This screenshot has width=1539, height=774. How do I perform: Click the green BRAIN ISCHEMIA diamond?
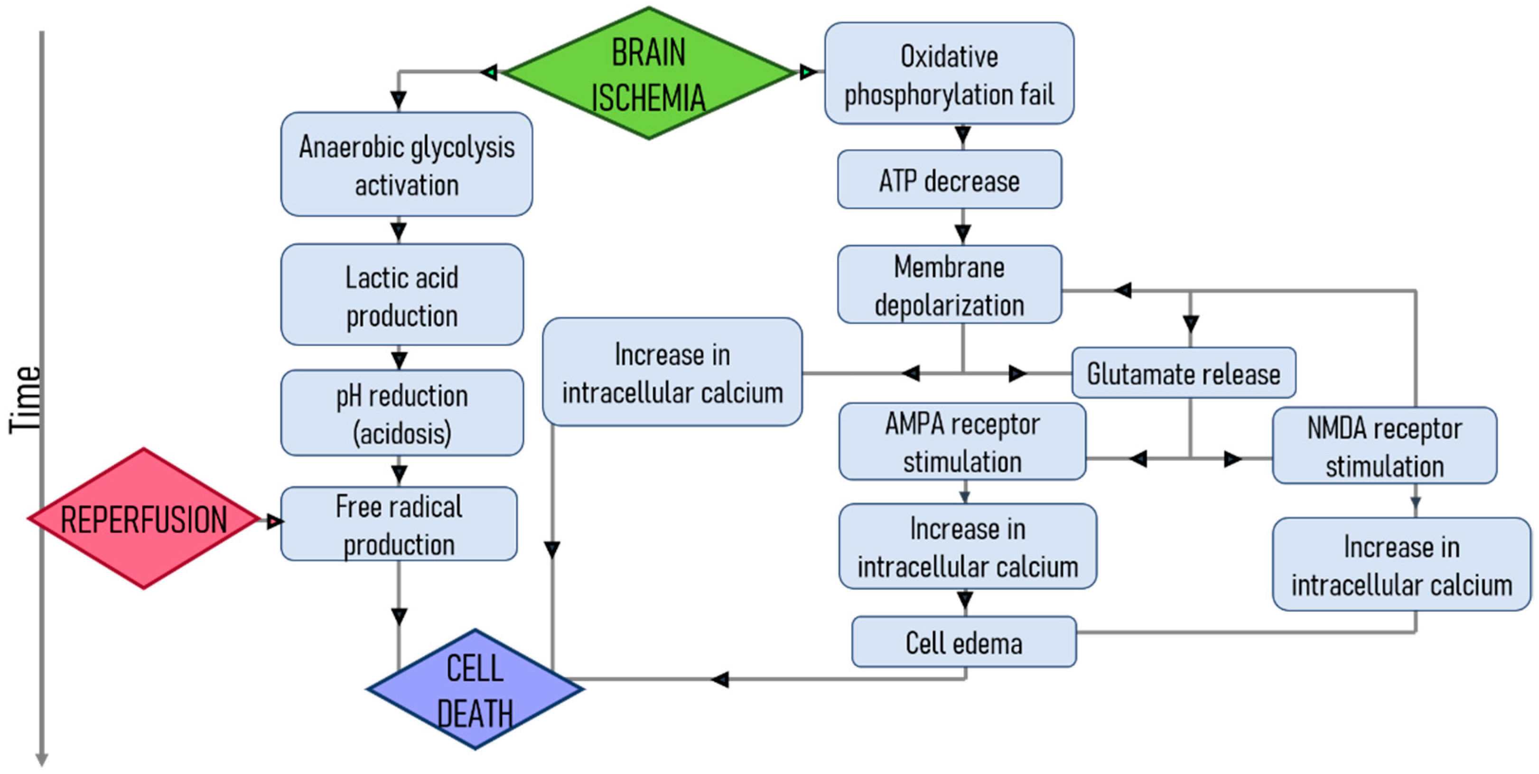point(648,74)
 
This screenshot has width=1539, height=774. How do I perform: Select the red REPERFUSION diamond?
point(143,518)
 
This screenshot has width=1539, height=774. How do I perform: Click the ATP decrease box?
point(949,180)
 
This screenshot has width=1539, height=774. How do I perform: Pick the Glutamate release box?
point(1183,373)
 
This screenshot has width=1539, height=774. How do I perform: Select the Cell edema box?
point(964,642)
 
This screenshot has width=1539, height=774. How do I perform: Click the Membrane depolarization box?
point(949,285)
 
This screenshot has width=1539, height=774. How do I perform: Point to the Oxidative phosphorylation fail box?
point(949,74)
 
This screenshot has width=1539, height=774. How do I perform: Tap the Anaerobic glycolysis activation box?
point(406,164)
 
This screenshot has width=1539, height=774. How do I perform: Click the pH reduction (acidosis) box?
point(401,413)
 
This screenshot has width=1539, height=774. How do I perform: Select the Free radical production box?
point(399,524)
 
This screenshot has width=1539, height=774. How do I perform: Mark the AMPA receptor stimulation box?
point(962,441)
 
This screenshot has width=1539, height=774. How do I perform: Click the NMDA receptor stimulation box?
point(1384,446)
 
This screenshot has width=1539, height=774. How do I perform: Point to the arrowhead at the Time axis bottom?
point(42,760)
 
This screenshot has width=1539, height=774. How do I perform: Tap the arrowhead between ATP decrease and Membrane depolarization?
point(962,233)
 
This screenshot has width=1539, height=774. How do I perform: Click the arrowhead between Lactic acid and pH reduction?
point(399,360)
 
